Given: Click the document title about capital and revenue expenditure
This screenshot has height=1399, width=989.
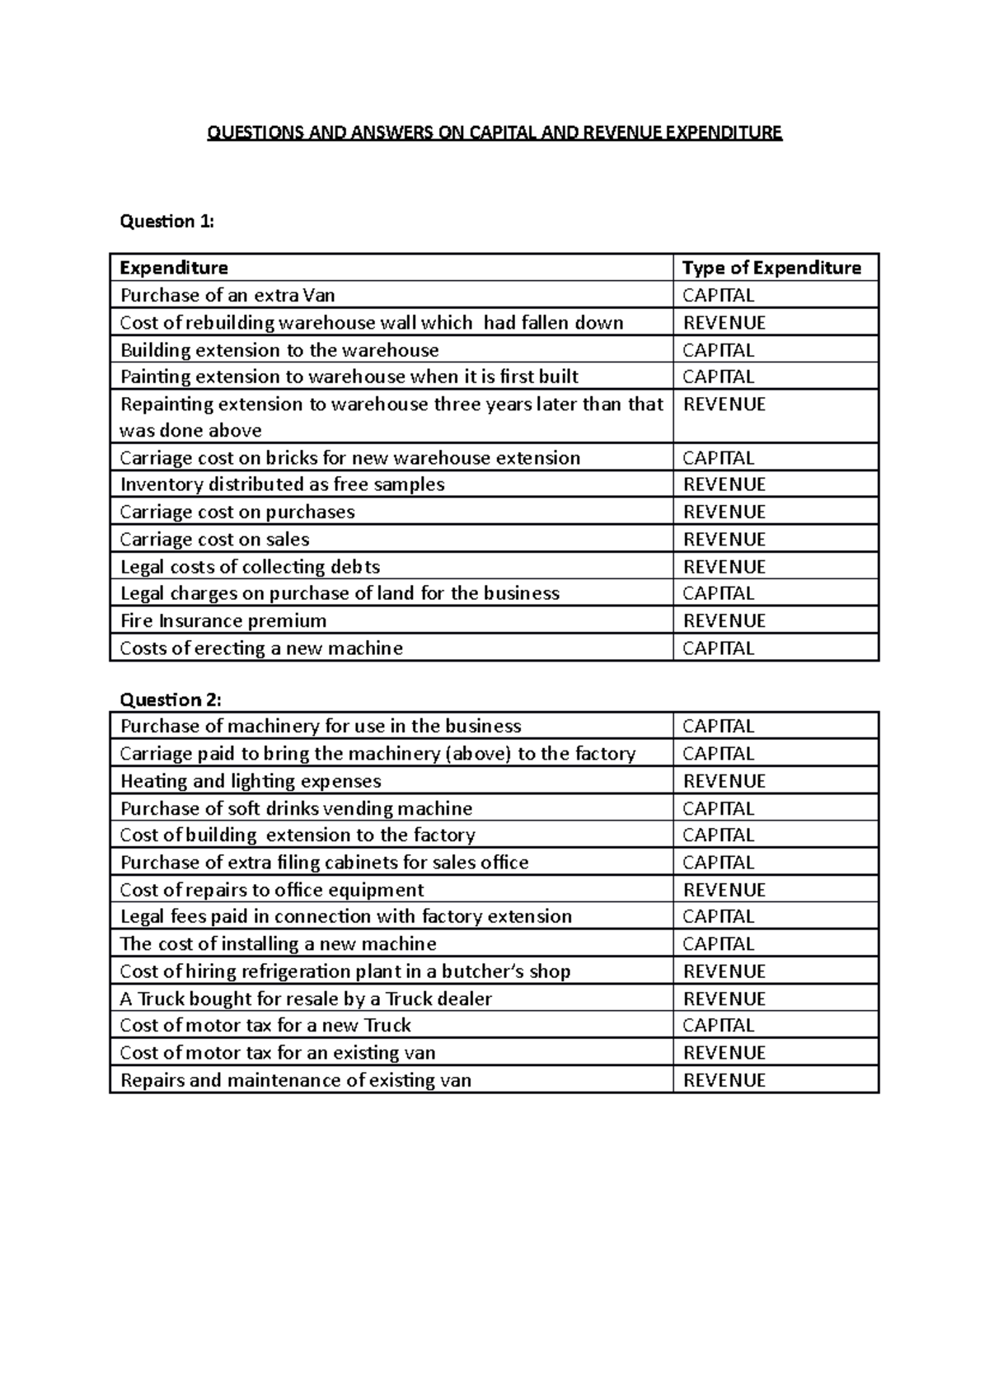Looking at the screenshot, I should click(494, 133).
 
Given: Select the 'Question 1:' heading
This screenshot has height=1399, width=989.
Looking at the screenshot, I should click(166, 221).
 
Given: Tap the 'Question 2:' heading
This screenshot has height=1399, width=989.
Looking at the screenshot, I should click(171, 699).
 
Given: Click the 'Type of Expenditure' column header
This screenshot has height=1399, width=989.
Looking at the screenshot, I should click(771, 268).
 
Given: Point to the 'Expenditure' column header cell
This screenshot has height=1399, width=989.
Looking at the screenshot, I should click(174, 268).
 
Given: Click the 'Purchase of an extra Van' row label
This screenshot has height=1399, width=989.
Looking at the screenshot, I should click(227, 295).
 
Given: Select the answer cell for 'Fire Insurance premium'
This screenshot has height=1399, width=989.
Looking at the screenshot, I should click(724, 620).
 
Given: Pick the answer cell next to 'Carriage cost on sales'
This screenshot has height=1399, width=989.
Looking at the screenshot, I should click(724, 540).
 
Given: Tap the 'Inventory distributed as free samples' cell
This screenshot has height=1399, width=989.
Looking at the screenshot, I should click(282, 484).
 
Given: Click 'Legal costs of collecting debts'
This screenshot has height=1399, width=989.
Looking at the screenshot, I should click(250, 567).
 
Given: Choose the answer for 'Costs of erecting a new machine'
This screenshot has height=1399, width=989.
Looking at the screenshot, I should click(718, 648).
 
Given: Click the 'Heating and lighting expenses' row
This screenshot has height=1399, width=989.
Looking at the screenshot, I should click(251, 781).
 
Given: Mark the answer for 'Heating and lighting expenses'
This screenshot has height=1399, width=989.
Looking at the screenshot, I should click(724, 781).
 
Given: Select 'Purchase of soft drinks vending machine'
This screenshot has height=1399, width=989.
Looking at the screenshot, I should click(296, 808).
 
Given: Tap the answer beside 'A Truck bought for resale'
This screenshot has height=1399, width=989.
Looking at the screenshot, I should click(724, 999).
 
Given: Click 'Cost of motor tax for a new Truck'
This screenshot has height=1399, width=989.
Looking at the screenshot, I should click(265, 1026).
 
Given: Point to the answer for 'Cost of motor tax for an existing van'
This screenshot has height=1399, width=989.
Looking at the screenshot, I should click(724, 1053).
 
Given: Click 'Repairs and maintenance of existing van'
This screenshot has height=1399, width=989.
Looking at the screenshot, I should click(296, 1080).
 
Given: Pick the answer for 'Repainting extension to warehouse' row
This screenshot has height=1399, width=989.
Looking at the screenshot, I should click(724, 405).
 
